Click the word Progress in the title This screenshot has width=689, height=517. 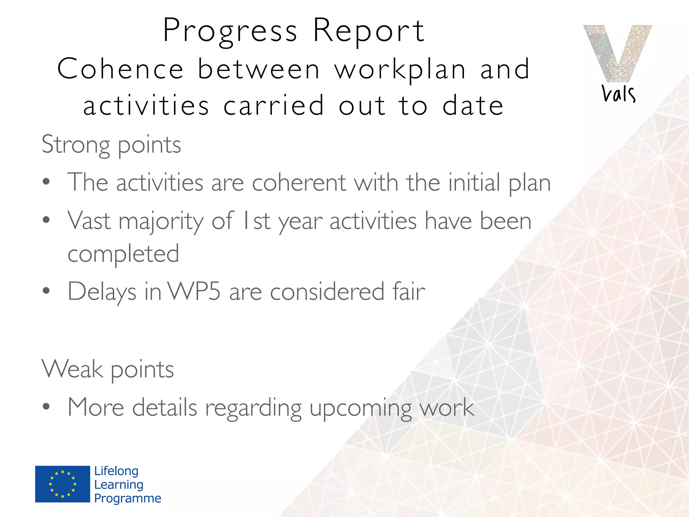[x=230, y=31]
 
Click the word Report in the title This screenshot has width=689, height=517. [x=369, y=31]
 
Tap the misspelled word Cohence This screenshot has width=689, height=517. [x=120, y=69]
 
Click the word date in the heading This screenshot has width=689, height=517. [x=473, y=106]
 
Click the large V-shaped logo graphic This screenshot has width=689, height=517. [x=617, y=52]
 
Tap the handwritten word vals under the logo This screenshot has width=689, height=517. [x=618, y=94]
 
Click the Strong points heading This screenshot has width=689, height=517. [x=111, y=145]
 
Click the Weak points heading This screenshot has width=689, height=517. [x=108, y=370]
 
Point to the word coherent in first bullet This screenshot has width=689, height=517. [x=299, y=183]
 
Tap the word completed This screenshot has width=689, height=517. [x=123, y=254]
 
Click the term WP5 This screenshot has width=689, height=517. [x=194, y=291]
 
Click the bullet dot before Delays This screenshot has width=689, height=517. [x=46, y=291]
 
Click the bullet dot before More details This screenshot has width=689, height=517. [x=46, y=407]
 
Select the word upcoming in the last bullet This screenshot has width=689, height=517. [x=360, y=408]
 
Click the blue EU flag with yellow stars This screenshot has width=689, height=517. [x=63, y=484]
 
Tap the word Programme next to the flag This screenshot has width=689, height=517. [x=128, y=498]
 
